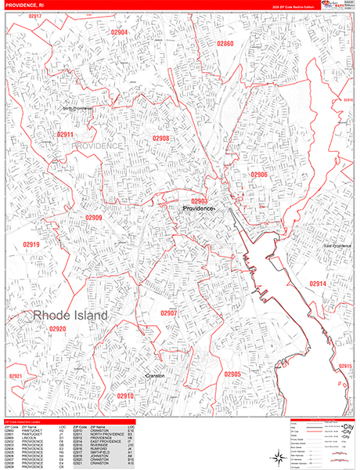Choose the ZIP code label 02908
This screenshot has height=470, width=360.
pos(161,139)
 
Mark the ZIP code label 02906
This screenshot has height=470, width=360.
pos(259,175)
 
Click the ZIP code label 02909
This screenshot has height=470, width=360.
pos(94,218)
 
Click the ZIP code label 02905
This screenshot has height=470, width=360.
pos(232,374)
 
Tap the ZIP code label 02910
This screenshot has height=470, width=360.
pos(126,396)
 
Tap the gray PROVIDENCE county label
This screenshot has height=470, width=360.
pos(98,146)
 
